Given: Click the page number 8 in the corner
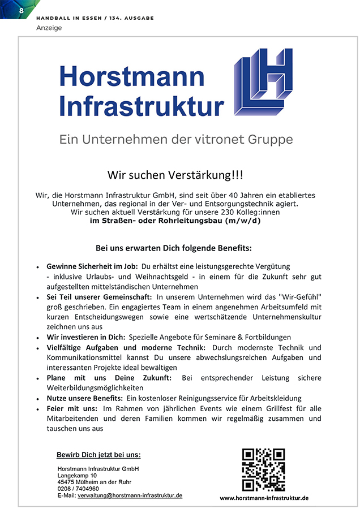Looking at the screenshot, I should pos(22,11).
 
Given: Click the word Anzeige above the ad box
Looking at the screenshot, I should pos(49,28).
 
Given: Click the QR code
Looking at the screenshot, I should pos(263,469).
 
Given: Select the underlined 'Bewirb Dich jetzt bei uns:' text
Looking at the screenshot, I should pos(98,455).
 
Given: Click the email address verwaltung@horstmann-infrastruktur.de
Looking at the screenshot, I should pos(130,495).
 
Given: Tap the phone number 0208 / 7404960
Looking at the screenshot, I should pos(78,489).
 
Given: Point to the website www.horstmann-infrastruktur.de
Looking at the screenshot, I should pos(264,498).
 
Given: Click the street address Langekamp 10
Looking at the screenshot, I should pos(78,476).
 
